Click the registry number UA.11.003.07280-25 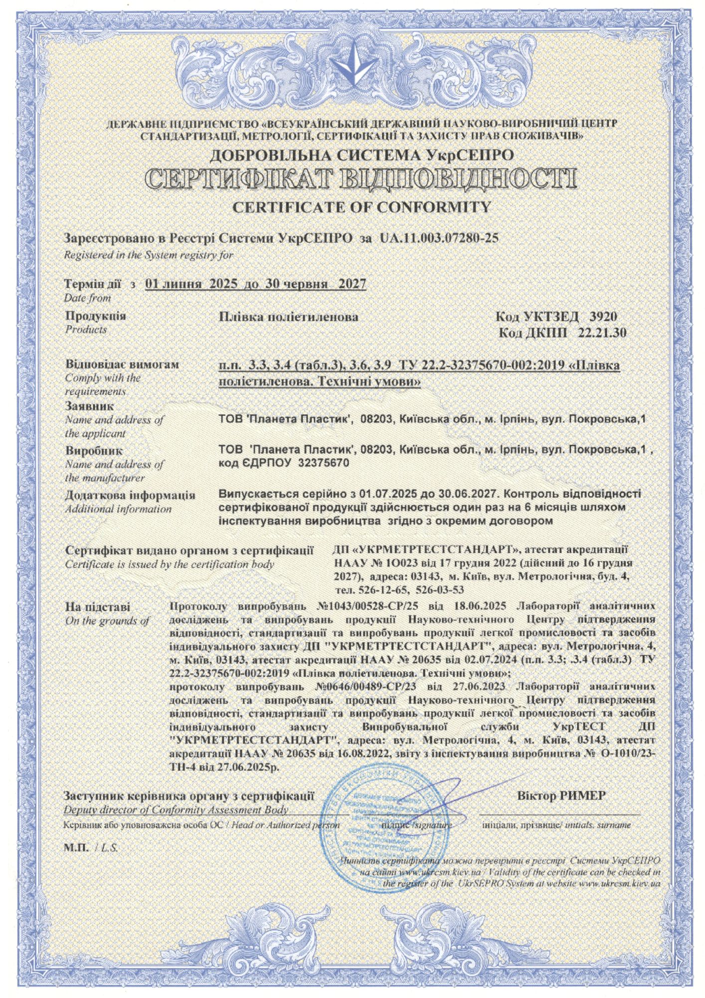(x=439, y=238)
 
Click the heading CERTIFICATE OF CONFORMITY (x=362, y=207)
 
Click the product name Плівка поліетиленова (x=289, y=317)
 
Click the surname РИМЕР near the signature (x=582, y=795)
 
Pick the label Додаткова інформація (x=130, y=496)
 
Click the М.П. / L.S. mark (x=91, y=848)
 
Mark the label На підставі (x=98, y=607)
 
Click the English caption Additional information (x=118, y=509)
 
